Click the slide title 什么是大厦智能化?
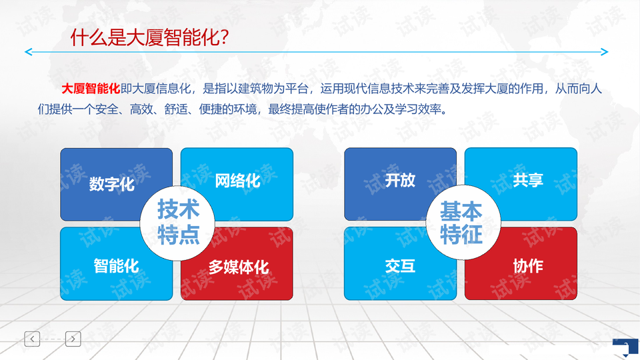[149, 37]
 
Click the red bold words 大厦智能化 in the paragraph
[91, 89]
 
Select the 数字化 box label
[112, 184]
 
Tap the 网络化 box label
[237, 181]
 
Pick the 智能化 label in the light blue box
[116, 266]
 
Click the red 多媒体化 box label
[239, 267]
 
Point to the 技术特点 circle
[177, 223]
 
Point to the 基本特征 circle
[463, 223]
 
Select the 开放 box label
[400, 180]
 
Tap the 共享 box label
[528, 180]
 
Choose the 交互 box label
[400, 266]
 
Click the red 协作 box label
[528, 266]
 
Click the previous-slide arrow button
[32, 339]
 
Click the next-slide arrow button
[73, 339]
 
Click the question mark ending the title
[223, 37]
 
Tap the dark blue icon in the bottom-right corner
[626, 349]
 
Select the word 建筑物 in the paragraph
[255, 89]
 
